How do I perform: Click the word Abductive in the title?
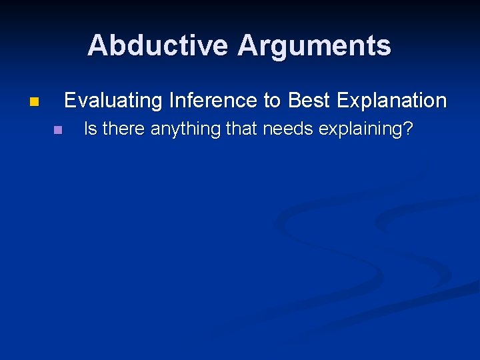[x=159, y=45]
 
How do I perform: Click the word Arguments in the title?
[x=315, y=45]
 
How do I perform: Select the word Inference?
[x=214, y=101]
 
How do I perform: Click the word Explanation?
[x=391, y=101]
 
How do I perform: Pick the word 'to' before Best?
[x=273, y=101]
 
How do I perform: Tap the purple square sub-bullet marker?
[x=57, y=129]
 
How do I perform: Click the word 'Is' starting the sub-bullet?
[x=89, y=129]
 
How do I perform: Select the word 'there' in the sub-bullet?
[x=123, y=129]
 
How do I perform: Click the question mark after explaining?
[x=407, y=129]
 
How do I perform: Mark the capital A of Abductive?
[x=97, y=45]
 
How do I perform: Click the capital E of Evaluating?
[x=70, y=101]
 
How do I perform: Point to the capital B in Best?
[x=294, y=101]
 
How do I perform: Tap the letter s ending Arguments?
[x=385, y=46]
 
